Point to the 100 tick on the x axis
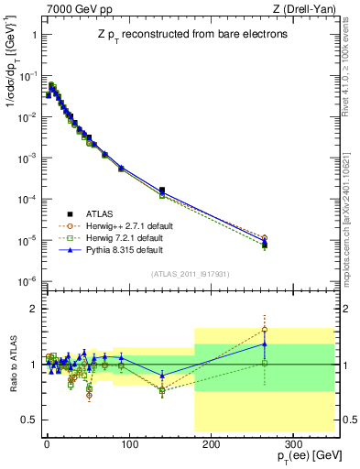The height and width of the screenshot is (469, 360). click(x=128, y=442)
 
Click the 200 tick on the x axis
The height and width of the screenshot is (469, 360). click(x=211, y=442)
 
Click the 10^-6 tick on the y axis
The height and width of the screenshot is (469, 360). click(x=27, y=281)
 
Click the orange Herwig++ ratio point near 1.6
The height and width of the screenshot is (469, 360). click(x=265, y=330)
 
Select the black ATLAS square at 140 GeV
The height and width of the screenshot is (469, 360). click(x=162, y=190)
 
